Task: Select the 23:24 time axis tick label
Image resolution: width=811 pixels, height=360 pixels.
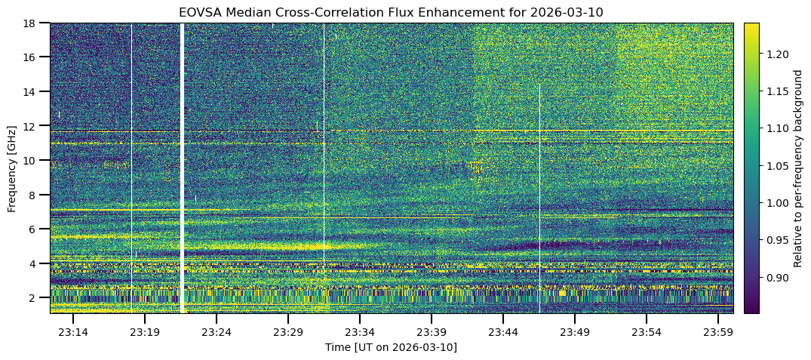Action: [217, 332]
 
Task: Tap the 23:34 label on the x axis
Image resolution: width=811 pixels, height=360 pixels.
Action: [360, 332]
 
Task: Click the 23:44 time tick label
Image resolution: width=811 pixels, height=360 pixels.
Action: [503, 332]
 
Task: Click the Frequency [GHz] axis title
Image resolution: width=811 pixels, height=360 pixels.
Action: [12, 168]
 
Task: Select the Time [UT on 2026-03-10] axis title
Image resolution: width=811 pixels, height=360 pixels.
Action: [391, 347]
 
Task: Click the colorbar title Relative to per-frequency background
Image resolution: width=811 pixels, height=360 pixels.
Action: [798, 168]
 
